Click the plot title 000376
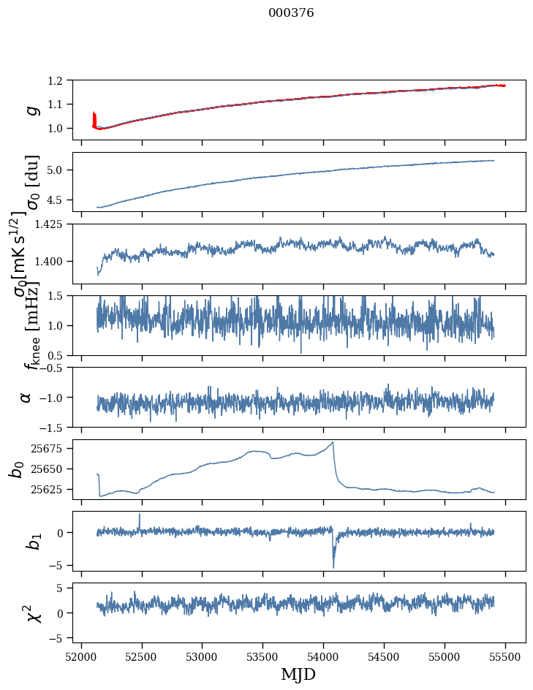(291, 13)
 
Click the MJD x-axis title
(298, 674)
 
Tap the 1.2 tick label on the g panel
(63, 80)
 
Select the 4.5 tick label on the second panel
(63, 200)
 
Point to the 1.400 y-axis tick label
(57, 261)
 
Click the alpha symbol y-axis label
(26, 397)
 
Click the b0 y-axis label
(16, 469)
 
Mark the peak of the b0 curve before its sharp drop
(333, 442)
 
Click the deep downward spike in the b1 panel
(333, 566)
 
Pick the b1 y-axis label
(16, 540)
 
